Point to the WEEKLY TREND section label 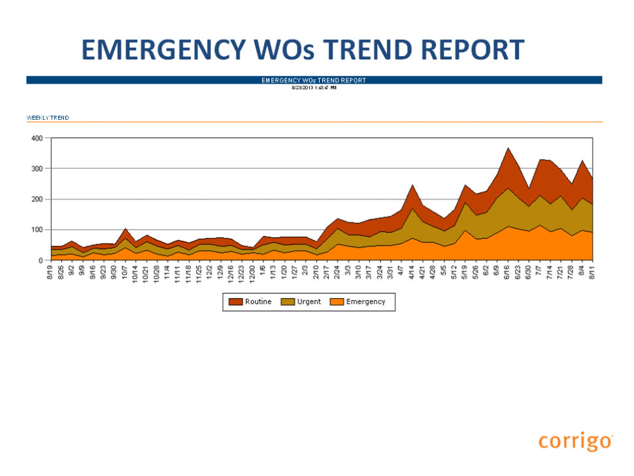(x=48, y=118)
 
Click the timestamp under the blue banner (x=314, y=87)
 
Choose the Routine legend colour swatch (x=235, y=301)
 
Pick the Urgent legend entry (x=304, y=301)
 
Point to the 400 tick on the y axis (x=37, y=139)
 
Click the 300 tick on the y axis (x=37, y=169)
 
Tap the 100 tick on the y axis (x=37, y=229)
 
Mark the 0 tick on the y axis (x=41, y=260)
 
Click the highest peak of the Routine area (x=508, y=149)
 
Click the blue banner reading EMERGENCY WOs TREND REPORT (x=314, y=80)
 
